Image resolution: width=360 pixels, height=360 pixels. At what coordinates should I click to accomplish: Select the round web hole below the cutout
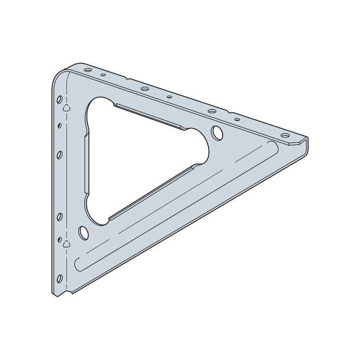point(82,232)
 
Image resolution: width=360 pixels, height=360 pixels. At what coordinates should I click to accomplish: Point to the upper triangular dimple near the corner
point(66,108)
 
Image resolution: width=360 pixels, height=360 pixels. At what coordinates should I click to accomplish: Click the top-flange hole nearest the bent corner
point(87,69)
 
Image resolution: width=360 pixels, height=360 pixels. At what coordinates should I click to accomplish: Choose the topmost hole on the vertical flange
point(60,99)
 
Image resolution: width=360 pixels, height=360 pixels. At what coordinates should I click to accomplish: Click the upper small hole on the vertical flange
point(60,125)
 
